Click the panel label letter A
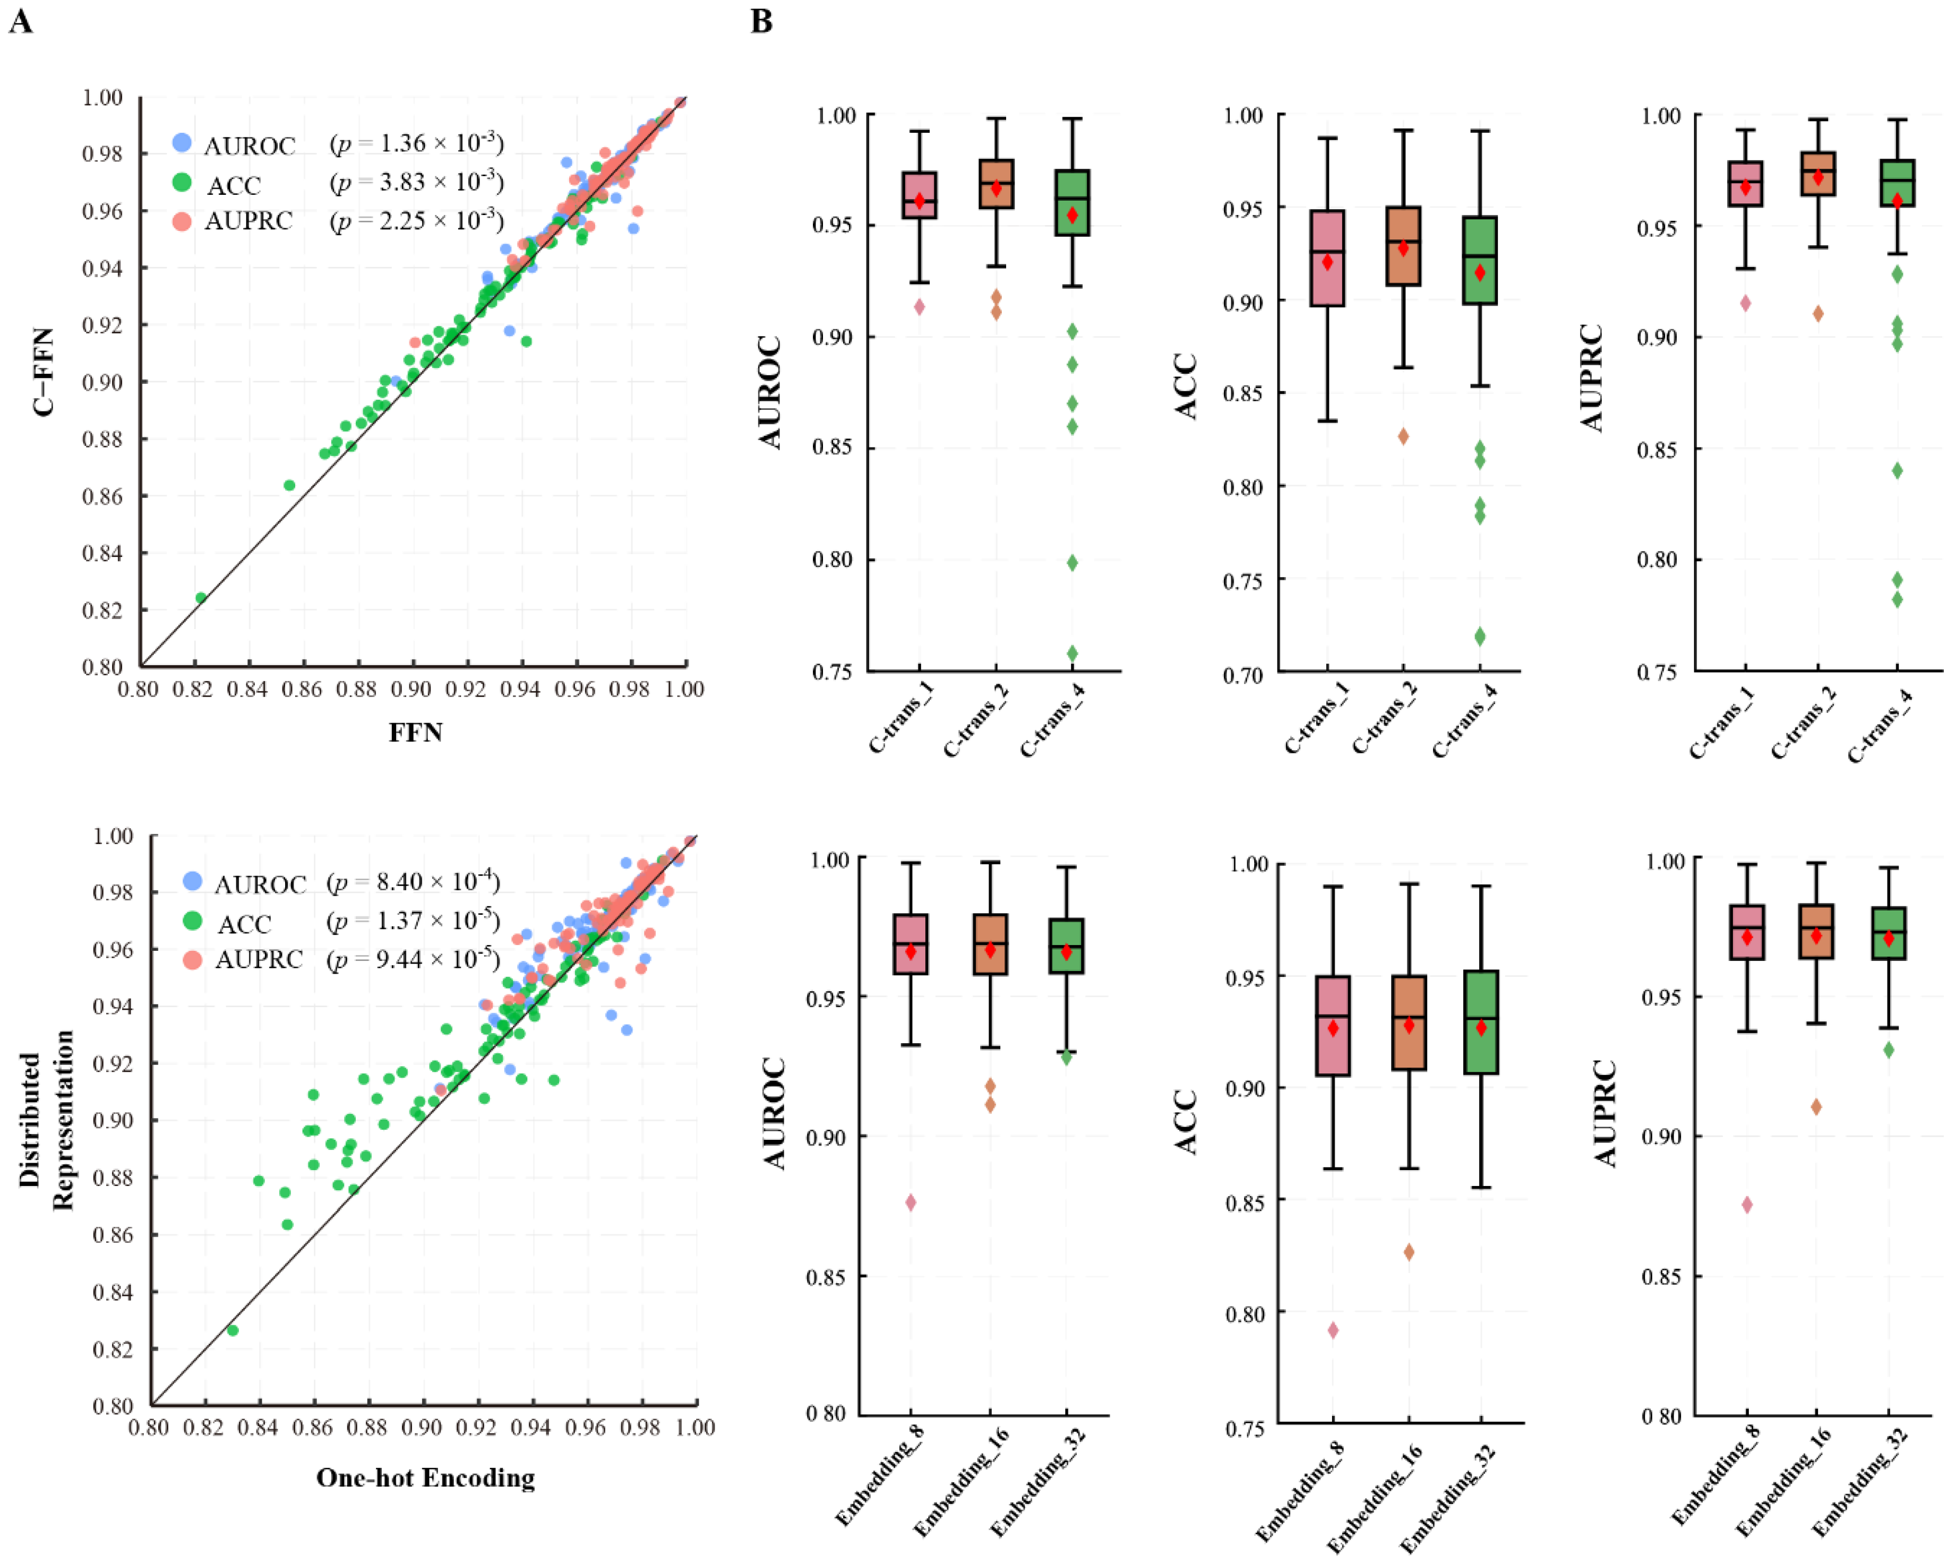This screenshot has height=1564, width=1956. click(x=20, y=21)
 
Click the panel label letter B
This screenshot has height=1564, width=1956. click(x=761, y=21)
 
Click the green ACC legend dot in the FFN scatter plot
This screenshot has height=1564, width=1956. click(x=182, y=182)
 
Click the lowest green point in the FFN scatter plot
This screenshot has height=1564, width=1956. click(x=201, y=597)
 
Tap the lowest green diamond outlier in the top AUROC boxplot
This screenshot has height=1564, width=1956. click(x=1073, y=653)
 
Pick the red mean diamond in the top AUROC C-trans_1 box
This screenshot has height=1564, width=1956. click(x=920, y=201)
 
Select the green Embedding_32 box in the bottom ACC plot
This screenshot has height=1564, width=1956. click(x=1481, y=1022)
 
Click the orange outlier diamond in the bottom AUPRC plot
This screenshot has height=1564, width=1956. click(x=1816, y=1107)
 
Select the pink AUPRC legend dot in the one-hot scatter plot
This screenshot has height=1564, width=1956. click(x=192, y=959)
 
